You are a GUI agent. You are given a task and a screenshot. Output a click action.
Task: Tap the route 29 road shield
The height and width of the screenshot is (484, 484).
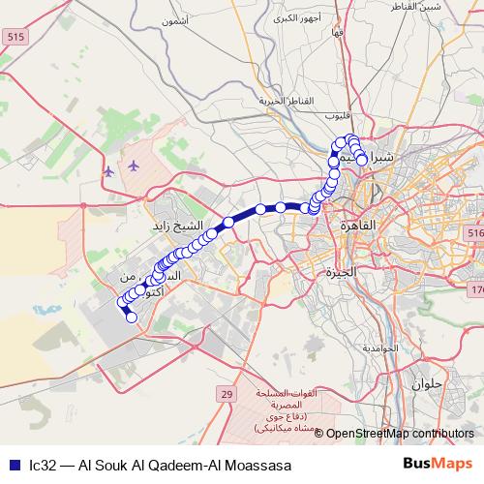coord(227,395)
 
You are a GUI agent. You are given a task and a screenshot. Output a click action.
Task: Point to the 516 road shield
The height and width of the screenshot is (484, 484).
coord(474,235)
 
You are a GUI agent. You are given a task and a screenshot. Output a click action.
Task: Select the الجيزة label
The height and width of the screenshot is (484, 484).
coord(342,272)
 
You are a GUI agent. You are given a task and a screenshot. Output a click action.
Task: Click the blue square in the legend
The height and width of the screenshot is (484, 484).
coord(14,465)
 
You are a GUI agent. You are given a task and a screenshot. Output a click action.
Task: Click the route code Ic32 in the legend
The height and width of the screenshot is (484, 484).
coord(43,465)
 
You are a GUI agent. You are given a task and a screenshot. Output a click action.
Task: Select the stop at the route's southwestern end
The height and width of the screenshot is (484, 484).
coord(132,318)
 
